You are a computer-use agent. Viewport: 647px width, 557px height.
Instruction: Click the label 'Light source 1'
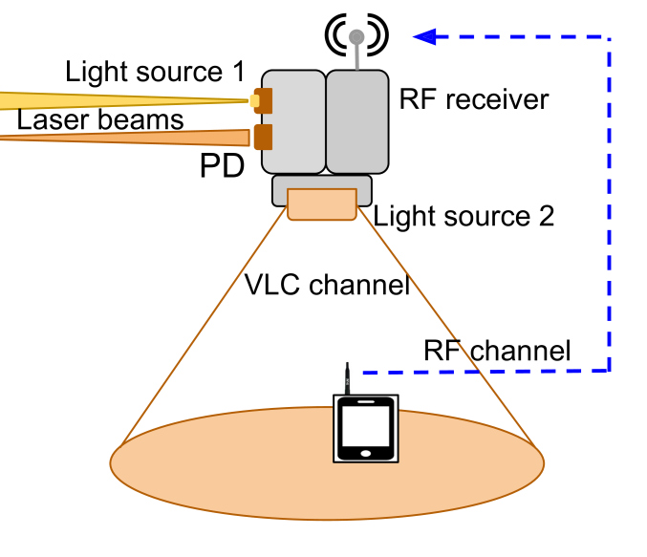pyautogui.click(x=155, y=72)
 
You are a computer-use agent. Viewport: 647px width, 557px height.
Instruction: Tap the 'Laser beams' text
pyautogui.click(x=99, y=119)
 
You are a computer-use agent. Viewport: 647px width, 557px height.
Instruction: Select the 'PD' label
pyautogui.click(x=222, y=166)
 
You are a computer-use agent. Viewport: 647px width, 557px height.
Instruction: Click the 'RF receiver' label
pyautogui.click(x=474, y=100)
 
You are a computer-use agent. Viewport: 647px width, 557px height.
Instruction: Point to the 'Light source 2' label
pyautogui.click(x=464, y=216)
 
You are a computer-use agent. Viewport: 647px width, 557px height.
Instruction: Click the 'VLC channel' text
pyautogui.click(x=327, y=284)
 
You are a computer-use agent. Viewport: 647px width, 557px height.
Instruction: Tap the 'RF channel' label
pyautogui.click(x=497, y=351)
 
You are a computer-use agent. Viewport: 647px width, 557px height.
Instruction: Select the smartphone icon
pyautogui.click(x=366, y=428)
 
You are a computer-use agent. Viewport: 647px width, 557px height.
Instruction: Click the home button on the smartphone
pyautogui.click(x=366, y=452)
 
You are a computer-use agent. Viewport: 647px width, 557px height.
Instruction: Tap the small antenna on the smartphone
pyautogui.click(x=349, y=378)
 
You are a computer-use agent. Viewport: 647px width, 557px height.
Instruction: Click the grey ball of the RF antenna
pyautogui.click(x=356, y=37)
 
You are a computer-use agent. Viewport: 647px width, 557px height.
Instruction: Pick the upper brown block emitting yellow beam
pyautogui.click(x=262, y=98)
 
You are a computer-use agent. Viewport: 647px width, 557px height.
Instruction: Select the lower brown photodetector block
pyautogui.click(x=263, y=137)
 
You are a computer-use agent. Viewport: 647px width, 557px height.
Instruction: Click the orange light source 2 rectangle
pyautogui.click(x=322, y=204)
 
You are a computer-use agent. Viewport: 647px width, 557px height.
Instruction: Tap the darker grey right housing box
pyautogui.click(x=358, y=121)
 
